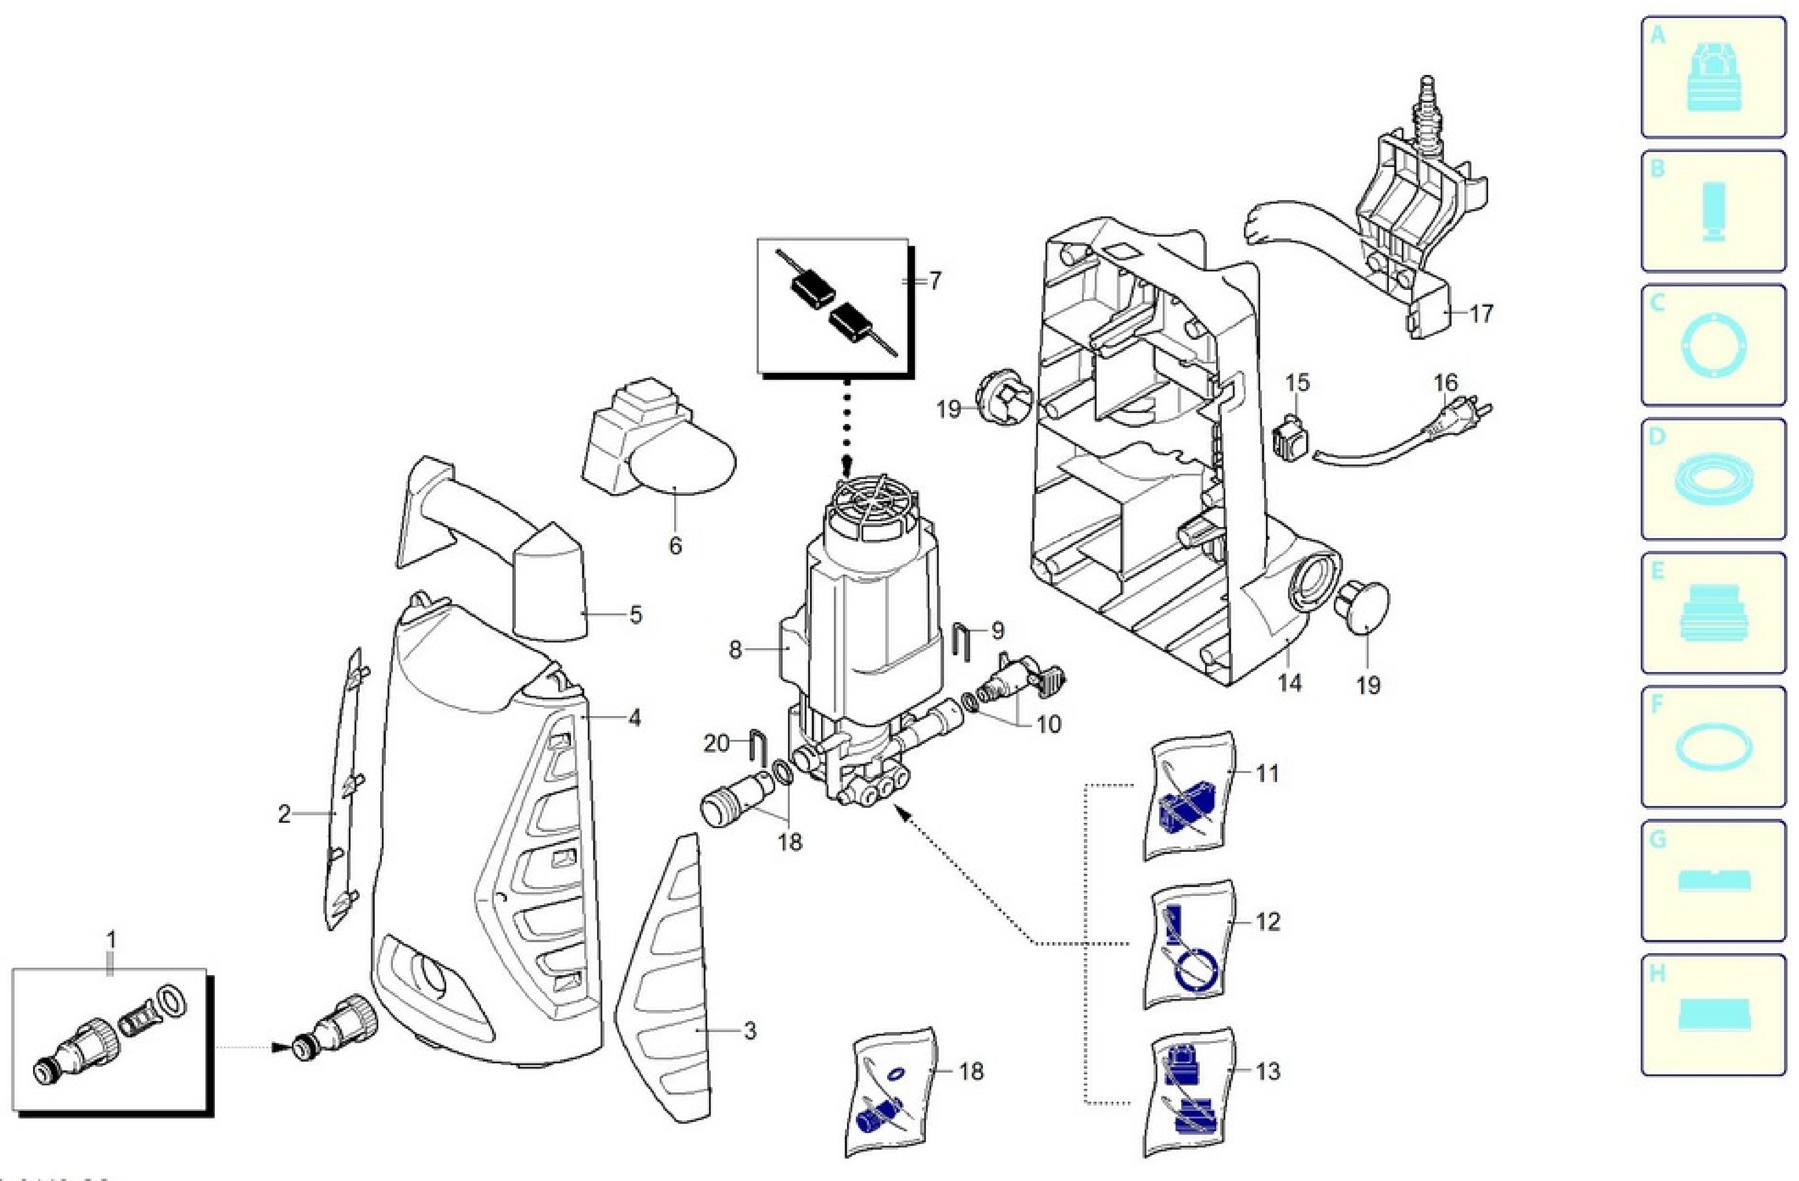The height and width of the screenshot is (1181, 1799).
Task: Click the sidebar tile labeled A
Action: tap(1713, 78)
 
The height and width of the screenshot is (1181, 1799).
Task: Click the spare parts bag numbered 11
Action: tap(1189, 797)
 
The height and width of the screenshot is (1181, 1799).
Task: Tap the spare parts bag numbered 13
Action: tap(1189, 1093)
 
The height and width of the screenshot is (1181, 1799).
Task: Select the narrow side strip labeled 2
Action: tap(345, 790)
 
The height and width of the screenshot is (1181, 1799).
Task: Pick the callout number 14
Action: tap(1290, 683)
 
